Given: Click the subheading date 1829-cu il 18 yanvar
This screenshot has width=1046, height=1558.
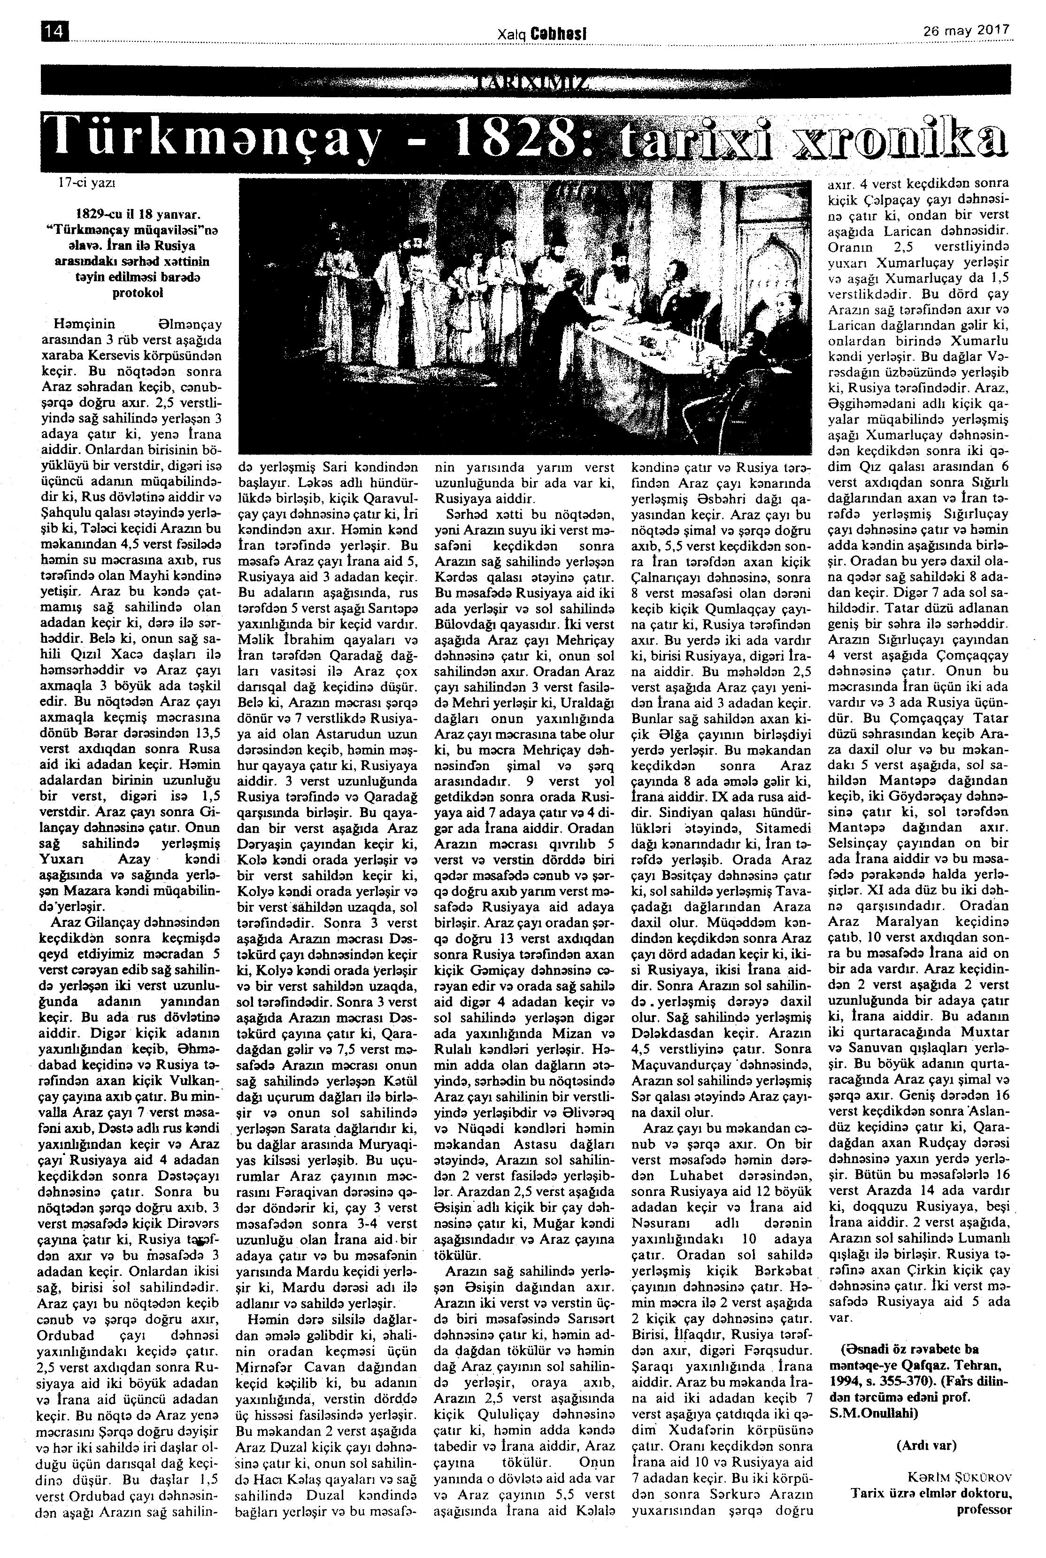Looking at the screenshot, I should (x=139, y=216).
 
